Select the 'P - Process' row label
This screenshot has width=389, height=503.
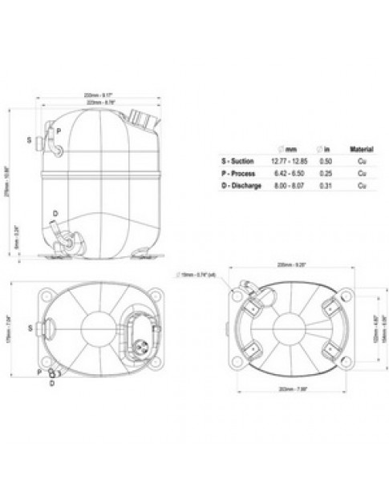237,173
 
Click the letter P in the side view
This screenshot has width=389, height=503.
59,131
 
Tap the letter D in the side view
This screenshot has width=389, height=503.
55,213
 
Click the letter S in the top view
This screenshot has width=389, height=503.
31,328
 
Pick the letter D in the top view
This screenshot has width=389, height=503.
52,383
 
